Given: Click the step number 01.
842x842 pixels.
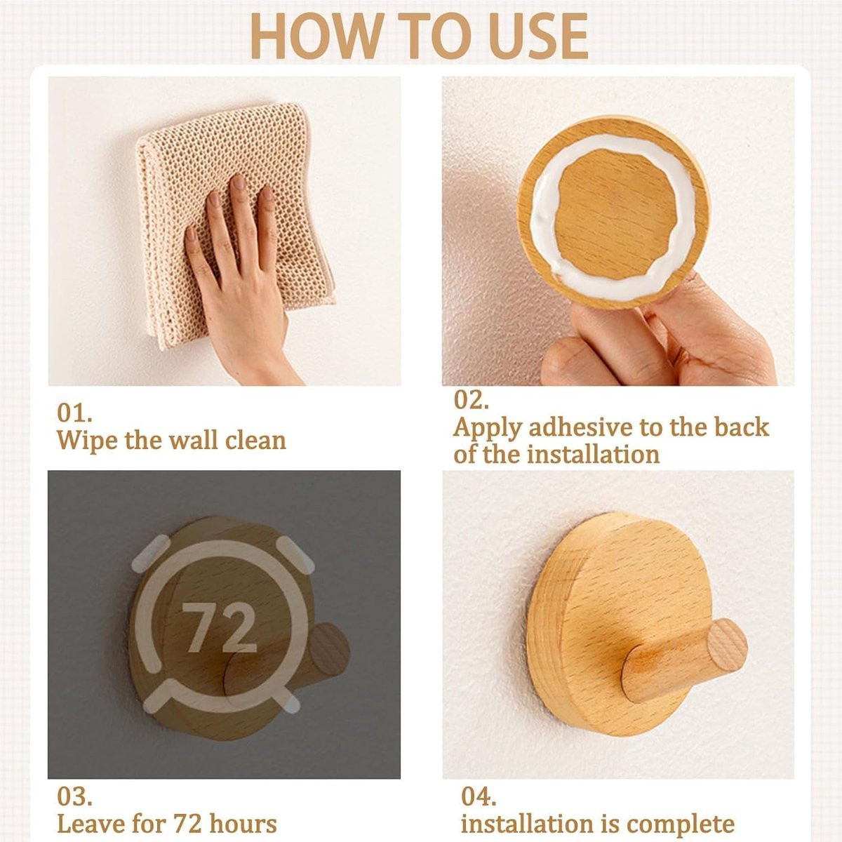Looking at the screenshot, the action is [x=74, y=413].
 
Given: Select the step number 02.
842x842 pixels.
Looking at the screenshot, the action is [x=471, y=400].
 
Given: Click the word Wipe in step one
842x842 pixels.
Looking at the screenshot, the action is [x=88, y=441].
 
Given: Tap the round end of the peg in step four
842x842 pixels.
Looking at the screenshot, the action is [x=727, y=645].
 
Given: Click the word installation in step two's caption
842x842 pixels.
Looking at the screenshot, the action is [x=593, y=455].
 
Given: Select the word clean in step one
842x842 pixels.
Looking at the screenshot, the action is [x=255, y=441].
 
